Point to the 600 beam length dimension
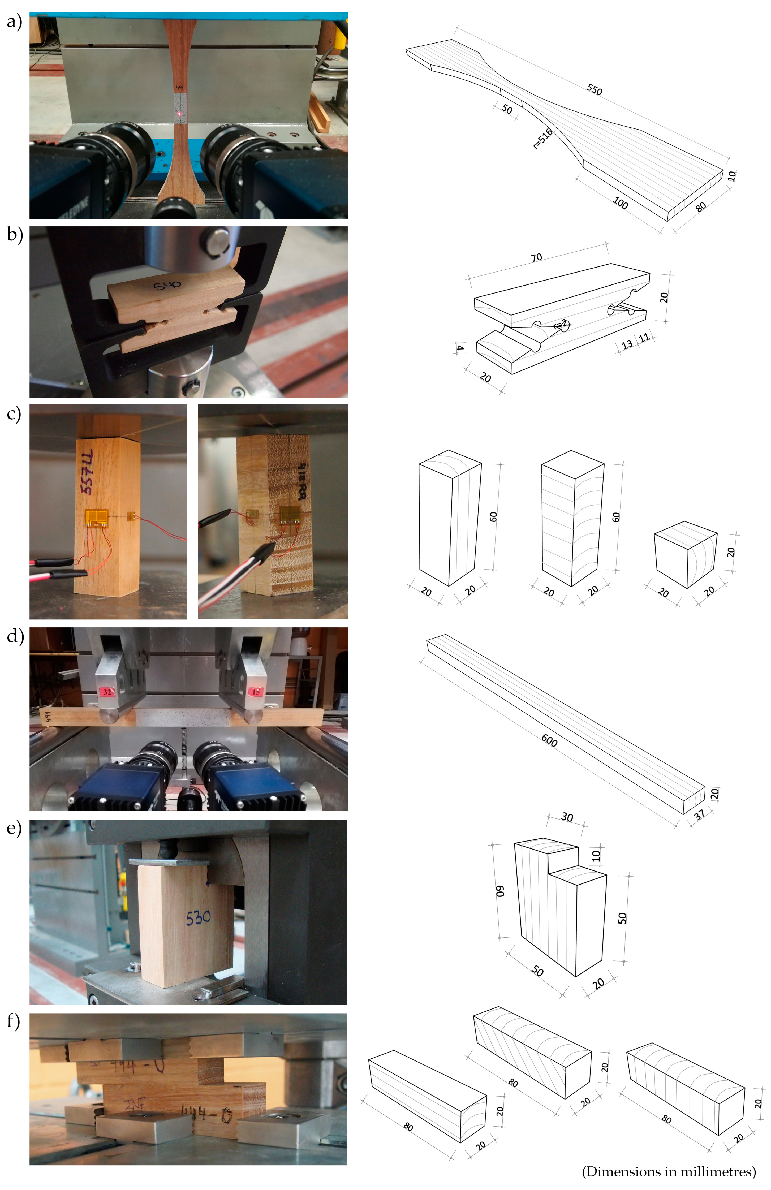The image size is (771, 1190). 549,740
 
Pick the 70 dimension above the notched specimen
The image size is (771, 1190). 536,257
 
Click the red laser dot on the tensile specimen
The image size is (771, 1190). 179,114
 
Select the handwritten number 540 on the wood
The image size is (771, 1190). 167,286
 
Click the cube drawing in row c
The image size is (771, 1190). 686,554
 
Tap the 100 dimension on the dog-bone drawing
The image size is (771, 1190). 620,202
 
